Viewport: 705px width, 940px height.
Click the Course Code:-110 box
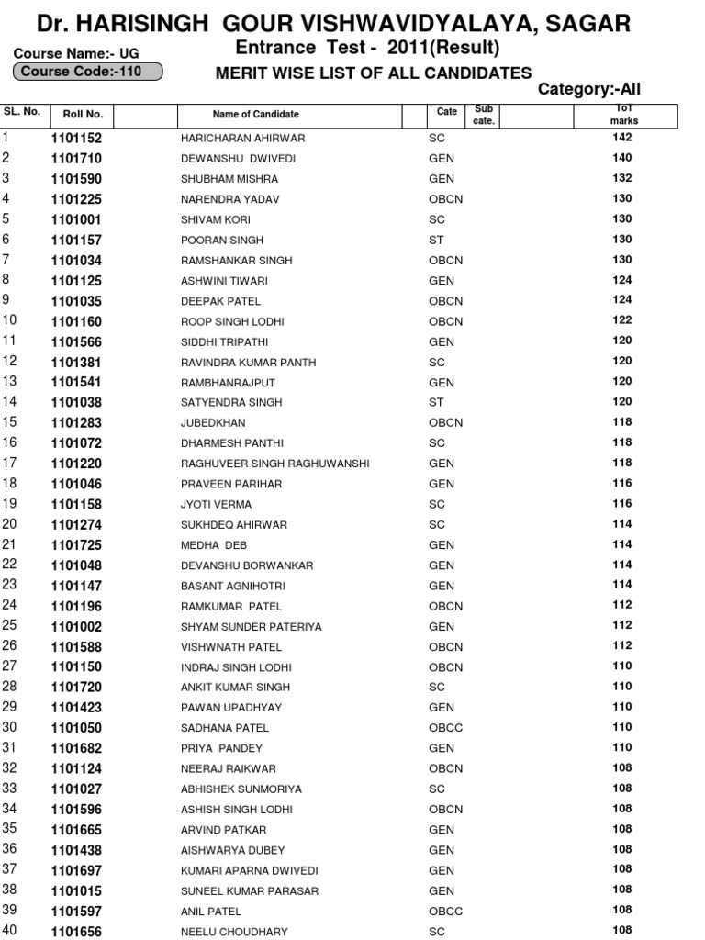point(87,72)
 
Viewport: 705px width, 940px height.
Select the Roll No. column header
point(83,115)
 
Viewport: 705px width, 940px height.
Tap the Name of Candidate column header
point(255,115)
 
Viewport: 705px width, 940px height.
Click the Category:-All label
point(588,89)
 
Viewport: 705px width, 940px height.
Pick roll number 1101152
point(76,139)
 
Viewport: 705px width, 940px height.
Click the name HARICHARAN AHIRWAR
point(242,139)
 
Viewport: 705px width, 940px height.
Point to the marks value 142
point(622,137)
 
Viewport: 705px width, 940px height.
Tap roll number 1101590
point(76,179)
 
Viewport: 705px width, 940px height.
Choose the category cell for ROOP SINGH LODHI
point(445,322)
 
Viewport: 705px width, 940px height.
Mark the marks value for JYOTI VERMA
point(622,503)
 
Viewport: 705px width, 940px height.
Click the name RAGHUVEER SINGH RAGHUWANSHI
point(274,464)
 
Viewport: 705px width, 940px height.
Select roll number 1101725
point(76,545)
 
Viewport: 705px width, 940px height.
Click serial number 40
point(10,931)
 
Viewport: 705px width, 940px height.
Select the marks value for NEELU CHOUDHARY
point(622,930)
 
